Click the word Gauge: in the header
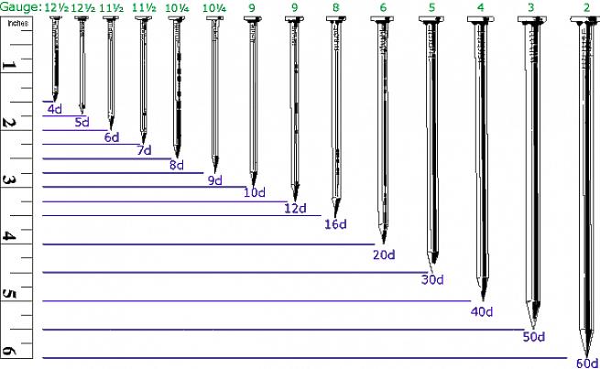(21, 7)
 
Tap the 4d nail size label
(55, 109)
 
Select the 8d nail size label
(177, 165)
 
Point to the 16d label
(335, 224)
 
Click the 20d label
(384, 255)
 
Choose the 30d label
(432, 279)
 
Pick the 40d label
(482, 311)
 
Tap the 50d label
(534, 337)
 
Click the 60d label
(587, 363)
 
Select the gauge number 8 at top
(335, 7)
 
